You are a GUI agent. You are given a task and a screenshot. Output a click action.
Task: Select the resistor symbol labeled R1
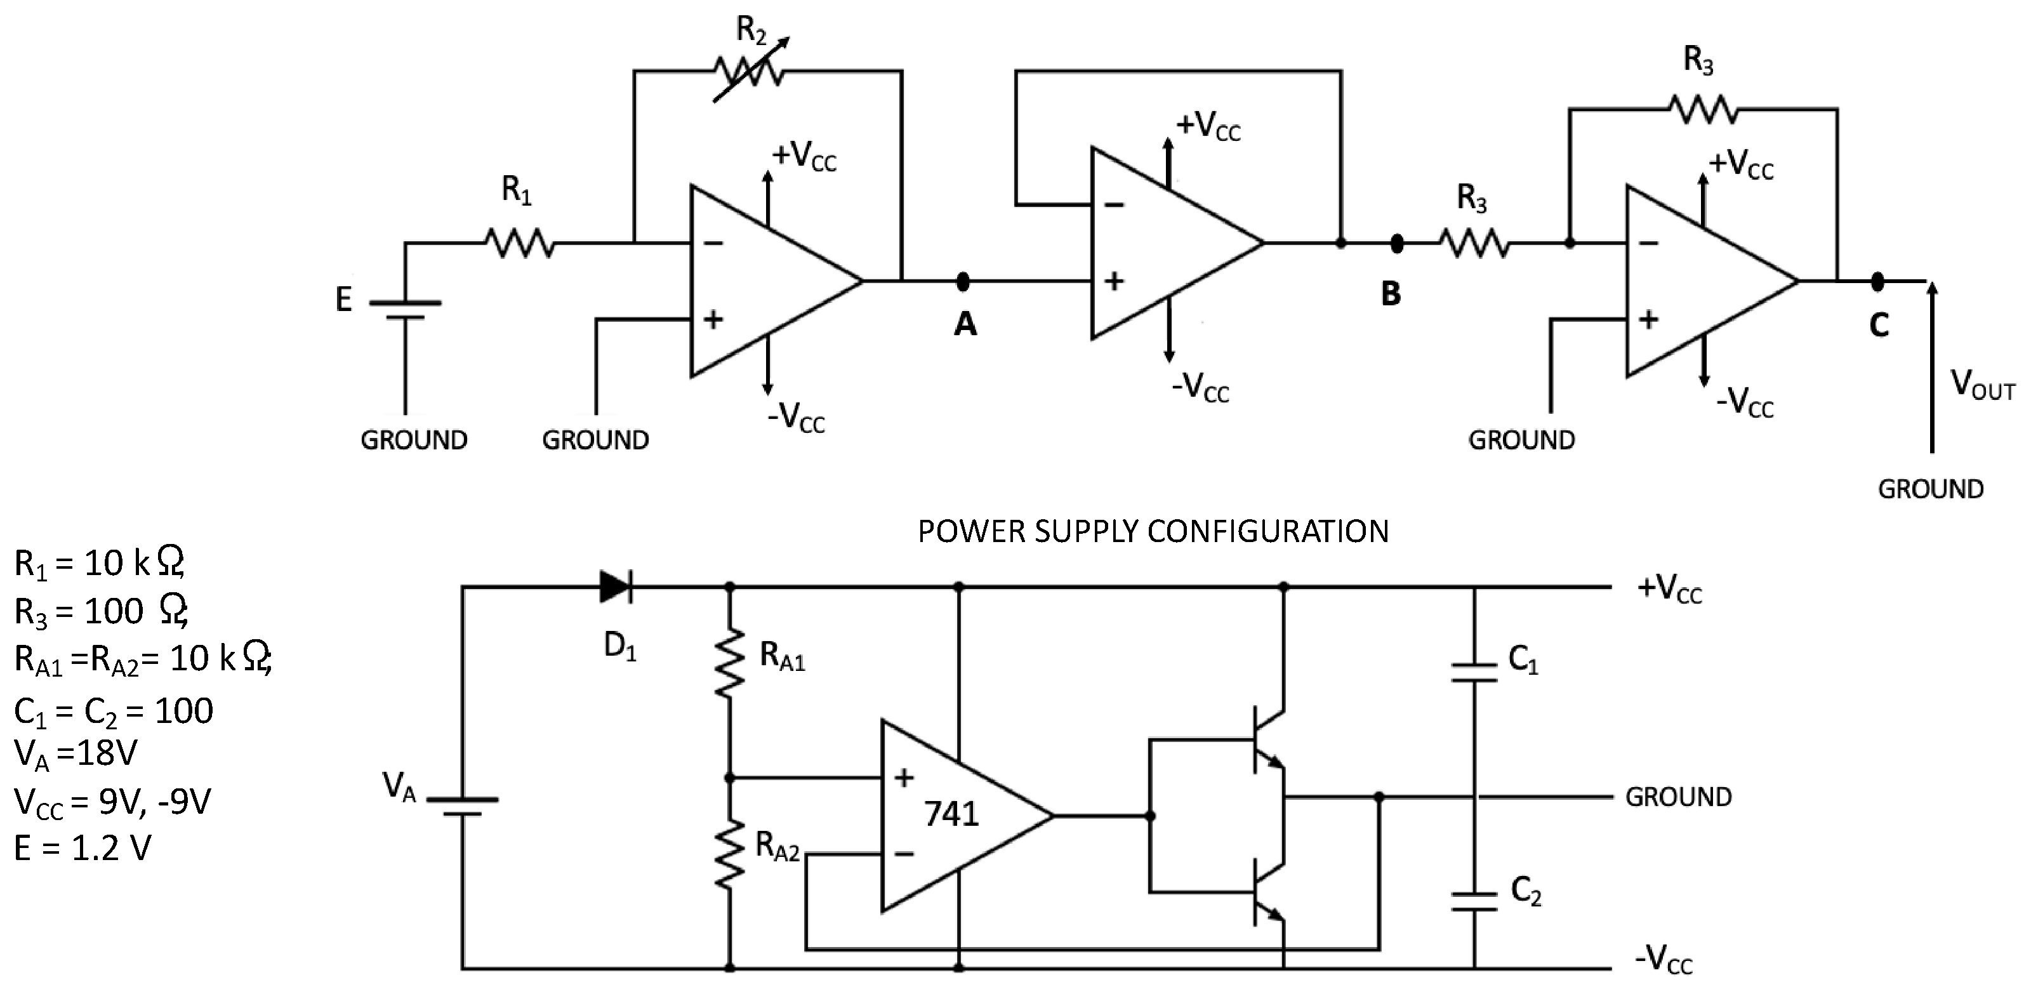click(x=518, y=242)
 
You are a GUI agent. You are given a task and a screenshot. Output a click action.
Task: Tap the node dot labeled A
click(x=962, y=281)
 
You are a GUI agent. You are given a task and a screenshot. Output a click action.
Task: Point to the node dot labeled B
click(x=1396, y=244)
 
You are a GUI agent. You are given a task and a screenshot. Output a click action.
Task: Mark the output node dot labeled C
click(x=1877, y=281)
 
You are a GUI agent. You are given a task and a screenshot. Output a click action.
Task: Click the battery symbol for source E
click(x=406, y=310)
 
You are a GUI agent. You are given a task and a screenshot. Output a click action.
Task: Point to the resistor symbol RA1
click(x=729, y=662)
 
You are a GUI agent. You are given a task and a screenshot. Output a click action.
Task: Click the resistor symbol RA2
click(x=729, y=854)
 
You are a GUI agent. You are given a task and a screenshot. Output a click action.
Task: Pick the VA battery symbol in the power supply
click(x=463, y=805)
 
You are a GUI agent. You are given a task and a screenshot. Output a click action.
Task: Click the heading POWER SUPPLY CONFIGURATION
click(x=1153, y=531)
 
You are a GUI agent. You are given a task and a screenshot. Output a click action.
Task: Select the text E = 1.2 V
click(x=82, y=848)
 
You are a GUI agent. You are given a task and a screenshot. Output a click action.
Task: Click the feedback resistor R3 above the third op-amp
click(x=1703, y=110)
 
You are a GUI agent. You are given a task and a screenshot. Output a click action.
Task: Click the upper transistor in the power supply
click(x=1267, y=739)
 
